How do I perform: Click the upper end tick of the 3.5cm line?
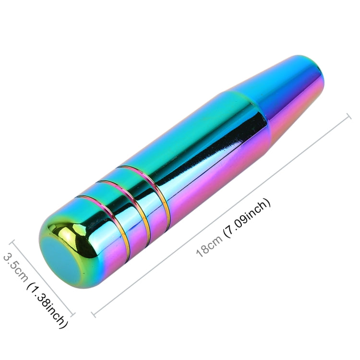[x=13, y=242]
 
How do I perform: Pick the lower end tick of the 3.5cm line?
[x=73, y=315]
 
